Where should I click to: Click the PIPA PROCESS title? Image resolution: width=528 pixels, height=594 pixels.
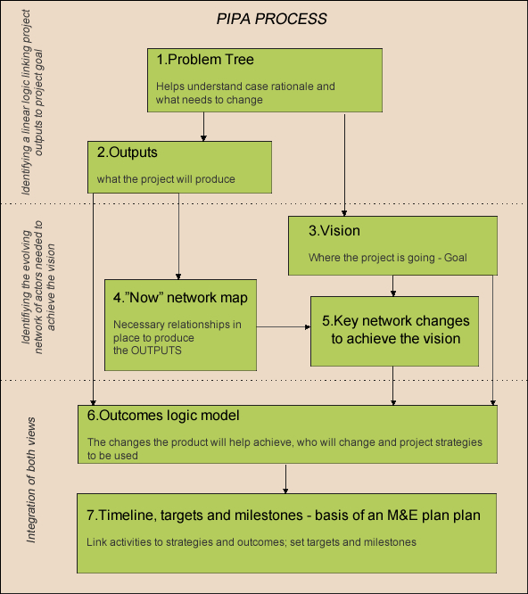click(271, 19)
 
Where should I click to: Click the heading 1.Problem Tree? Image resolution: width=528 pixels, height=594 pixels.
click(205, 60)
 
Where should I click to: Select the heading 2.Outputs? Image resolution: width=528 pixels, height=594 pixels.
click(127, 153)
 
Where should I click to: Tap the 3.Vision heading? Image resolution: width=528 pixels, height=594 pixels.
click(334, 231)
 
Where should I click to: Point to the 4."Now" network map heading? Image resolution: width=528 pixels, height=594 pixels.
click(180, 298)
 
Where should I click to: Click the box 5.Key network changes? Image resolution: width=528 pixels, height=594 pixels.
click(395, 332)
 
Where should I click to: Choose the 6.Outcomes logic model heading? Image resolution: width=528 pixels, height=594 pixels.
click(163, 416)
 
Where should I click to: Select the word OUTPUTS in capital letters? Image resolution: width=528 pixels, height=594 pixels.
click(156, 351)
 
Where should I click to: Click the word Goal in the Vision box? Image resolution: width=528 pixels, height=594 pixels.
click(455, 258)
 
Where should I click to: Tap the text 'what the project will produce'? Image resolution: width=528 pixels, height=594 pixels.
click(166, 179)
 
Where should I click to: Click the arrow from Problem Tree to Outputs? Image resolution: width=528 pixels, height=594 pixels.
click(203, 127)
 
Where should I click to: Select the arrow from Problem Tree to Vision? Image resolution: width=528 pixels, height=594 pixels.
click(344, 165)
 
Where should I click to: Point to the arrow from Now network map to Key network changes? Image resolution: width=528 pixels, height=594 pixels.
click(284, 326)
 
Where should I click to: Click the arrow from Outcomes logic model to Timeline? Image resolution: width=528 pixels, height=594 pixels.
click(285, 479)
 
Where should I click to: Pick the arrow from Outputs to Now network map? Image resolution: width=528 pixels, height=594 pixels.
click(178, 236)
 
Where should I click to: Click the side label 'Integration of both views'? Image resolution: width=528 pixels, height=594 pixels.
click(31, 480)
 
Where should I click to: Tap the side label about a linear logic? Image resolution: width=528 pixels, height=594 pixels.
click(32, 103)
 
